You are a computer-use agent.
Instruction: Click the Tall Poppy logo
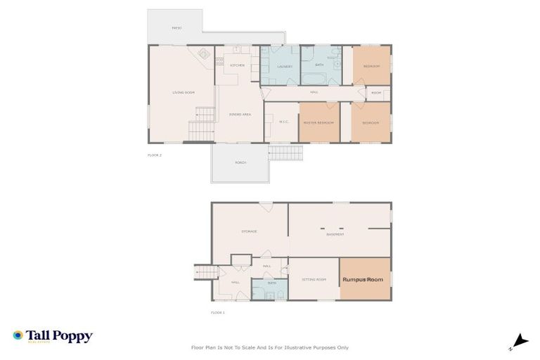(53, 336)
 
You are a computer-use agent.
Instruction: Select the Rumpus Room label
(363, 280)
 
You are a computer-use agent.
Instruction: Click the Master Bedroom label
(318, 123)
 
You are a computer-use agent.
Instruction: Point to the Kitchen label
(237, 65)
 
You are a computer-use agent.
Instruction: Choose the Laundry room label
(284, 67)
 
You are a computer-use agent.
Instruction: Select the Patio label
(176, 28)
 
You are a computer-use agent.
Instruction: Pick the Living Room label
(184, 93)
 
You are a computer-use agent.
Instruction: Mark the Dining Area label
(240, 114)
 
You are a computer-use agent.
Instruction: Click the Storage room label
(249, 231)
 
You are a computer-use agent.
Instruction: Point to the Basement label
(335, 234)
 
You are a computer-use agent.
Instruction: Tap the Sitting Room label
(314, 280)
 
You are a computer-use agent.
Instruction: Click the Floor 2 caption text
(155, 155)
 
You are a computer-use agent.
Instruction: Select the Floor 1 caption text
(218, 312)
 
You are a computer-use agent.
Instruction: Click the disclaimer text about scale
(270, 347)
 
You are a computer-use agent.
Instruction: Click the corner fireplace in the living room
(203, 53)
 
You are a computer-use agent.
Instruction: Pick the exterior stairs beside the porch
(285, 153)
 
